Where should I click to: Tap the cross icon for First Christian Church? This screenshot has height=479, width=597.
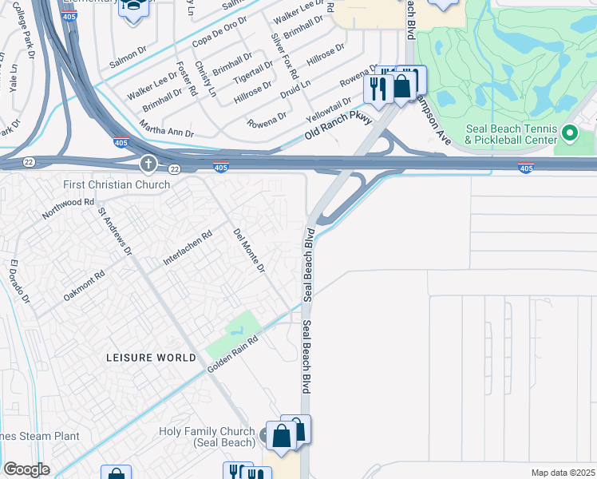point(148,165)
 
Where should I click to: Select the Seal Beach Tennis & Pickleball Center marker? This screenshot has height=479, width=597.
point(570,133)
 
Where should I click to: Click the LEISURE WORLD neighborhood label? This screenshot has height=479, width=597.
point(151,358)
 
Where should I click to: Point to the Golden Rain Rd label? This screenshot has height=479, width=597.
point(233,356)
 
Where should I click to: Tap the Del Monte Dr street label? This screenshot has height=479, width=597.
point(249,250)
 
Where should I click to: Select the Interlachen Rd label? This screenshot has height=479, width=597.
point(188,247)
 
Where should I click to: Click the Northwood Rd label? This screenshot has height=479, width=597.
point(69,210)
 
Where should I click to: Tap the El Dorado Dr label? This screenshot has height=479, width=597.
point(20,282)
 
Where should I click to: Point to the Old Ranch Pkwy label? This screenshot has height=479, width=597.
point(338,128)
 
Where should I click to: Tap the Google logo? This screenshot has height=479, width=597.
point(26,469)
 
